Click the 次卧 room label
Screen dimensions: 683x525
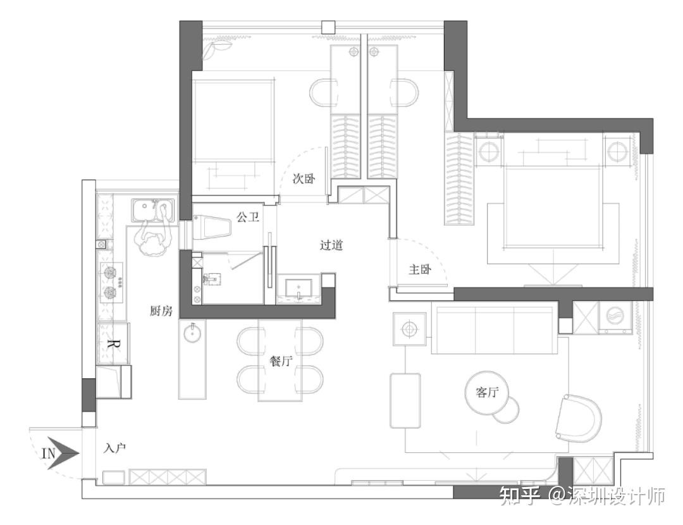(x=304, y=178)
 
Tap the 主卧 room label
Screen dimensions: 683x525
(x=420, y=269)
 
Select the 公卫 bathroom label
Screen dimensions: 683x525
(x=248, y=216)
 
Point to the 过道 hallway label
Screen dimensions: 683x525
(x=331, y=245)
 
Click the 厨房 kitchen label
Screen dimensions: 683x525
(x=161, y=311)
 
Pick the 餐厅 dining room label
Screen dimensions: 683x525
(x=281, y=361)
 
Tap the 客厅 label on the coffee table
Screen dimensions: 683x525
(x=487, y=392)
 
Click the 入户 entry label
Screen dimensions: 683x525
(x=115, y=448)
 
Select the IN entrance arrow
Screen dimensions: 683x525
(x=61, y=454)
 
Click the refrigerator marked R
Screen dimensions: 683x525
(x=113, y=343)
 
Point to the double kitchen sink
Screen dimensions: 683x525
(x=152, y=210)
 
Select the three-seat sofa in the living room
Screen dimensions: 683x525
(x=495, y=330)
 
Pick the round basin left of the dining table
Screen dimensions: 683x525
(x=192, y=334)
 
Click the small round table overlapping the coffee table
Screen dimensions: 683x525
(x=506, y=411)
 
